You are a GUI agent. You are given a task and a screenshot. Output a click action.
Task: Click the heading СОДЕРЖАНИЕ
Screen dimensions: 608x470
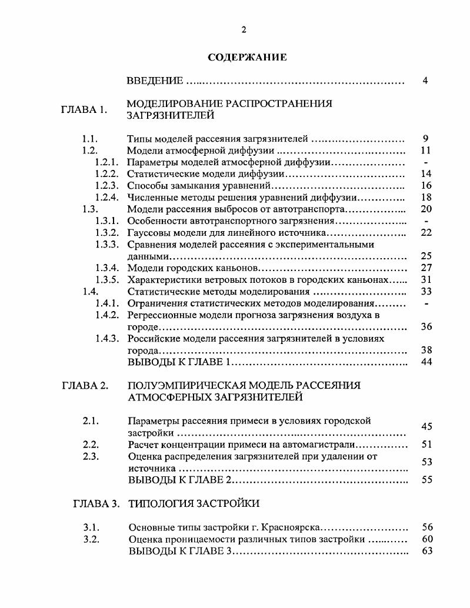pos(248,57)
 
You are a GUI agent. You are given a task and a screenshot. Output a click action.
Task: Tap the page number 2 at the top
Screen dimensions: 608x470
pos(243,31)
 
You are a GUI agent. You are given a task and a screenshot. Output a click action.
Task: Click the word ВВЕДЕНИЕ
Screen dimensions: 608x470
pos(155,81)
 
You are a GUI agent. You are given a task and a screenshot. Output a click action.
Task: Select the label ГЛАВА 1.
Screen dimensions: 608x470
pos(84,109)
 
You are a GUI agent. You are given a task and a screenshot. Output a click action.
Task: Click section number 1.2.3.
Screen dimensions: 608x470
pos(106,186)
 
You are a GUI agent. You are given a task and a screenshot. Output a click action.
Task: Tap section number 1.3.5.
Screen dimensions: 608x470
pos(106,280)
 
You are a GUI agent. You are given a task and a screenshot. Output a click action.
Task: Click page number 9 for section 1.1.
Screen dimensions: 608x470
pos(425,139)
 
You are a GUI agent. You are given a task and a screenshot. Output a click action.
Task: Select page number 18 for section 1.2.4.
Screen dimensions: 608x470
pos(426,198)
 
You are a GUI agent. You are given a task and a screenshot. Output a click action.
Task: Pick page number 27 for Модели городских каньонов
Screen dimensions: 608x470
pos(426,268)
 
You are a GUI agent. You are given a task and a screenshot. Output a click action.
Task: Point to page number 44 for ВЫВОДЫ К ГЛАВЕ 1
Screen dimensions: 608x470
pos(426,362)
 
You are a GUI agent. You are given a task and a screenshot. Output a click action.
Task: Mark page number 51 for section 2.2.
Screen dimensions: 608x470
pos(427,445)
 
